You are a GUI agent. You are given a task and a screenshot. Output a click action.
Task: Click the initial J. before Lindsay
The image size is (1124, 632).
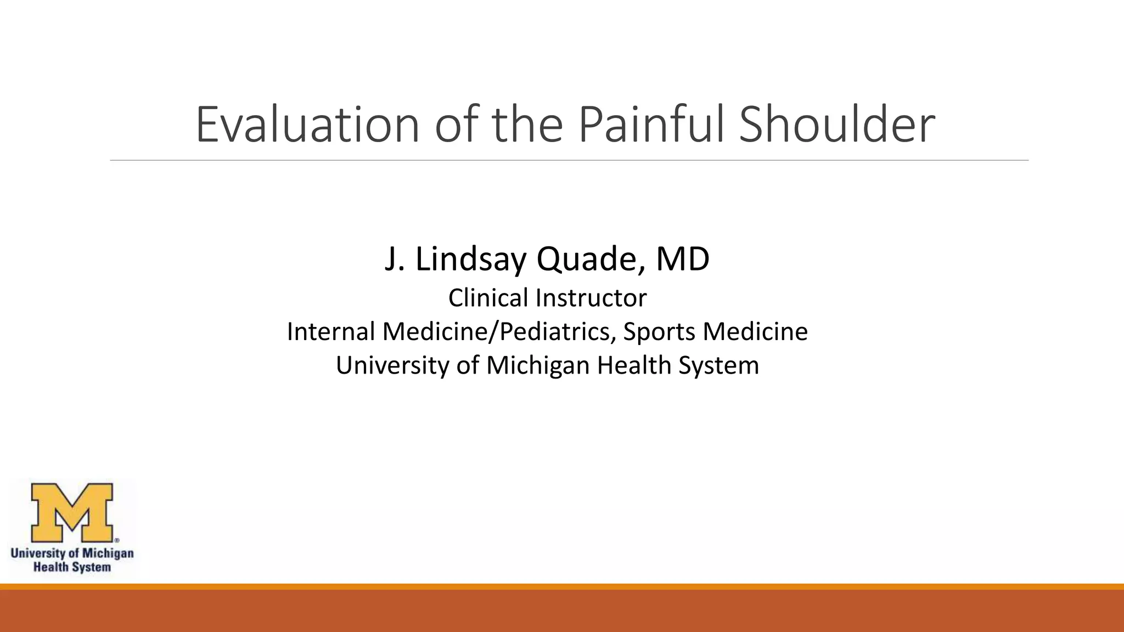(394, 259)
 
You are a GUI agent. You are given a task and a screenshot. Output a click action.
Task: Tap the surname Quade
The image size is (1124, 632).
(590, 259)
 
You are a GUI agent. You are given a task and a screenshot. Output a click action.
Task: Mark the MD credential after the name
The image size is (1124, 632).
(683, 259)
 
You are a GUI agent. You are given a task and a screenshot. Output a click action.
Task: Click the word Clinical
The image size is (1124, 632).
(488, 298)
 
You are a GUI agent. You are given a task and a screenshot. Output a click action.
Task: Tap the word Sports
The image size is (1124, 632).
(659, 331)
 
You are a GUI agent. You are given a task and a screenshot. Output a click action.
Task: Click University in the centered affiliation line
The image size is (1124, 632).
(392, 365)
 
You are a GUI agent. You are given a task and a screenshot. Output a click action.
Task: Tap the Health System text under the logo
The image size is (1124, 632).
(72, 567)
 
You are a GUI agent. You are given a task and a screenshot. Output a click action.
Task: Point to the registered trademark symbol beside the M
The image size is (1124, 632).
(116, 540)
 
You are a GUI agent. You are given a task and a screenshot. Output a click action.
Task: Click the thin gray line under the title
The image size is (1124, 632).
(569, 161)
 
